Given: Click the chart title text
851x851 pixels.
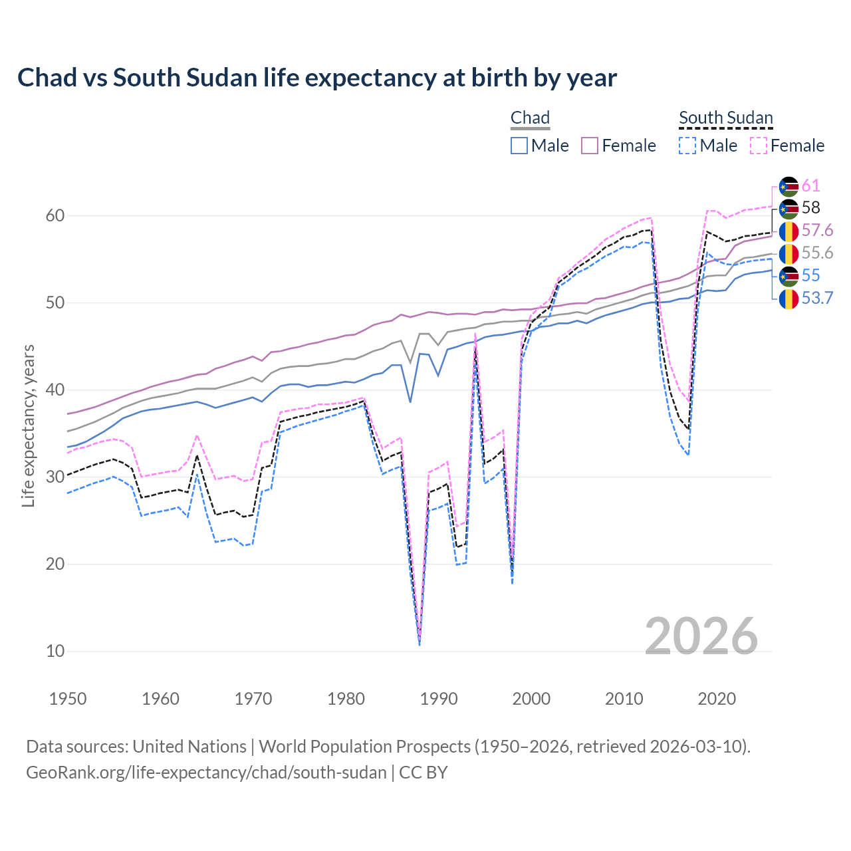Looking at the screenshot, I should click(x=317, y=78).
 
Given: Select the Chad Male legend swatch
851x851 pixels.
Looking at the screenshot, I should click(x=519, y=146).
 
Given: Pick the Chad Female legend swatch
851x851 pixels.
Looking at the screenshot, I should click(x=590, y=146).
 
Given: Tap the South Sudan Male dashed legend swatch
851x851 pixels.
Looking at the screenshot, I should click(x=687, y=146).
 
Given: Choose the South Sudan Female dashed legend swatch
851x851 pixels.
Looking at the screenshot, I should click(x=759, y=146).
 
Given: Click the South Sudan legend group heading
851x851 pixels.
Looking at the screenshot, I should click(x=725, y=118).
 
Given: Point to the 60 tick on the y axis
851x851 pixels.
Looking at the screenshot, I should click(x=55, y=215).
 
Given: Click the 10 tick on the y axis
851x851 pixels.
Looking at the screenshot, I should click(x=55, y=651).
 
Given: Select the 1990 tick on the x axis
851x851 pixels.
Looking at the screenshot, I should click(x=439, y=699).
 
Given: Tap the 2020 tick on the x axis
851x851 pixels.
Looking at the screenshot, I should click(x=717, y=699).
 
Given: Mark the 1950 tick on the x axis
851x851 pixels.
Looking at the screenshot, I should click(x=68, y=699).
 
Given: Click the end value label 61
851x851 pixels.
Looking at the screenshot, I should click(x=810, y=186).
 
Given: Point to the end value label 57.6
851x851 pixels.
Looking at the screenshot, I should click(x=817, y=231).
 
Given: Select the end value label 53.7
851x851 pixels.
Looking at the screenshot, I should click(x=817, y=299).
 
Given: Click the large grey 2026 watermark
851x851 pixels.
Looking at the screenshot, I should click(x=701, y=636).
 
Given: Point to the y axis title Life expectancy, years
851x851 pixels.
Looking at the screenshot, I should click(x=29, y=425).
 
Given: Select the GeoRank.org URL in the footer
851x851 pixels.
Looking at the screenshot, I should click(x=206, y=773).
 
